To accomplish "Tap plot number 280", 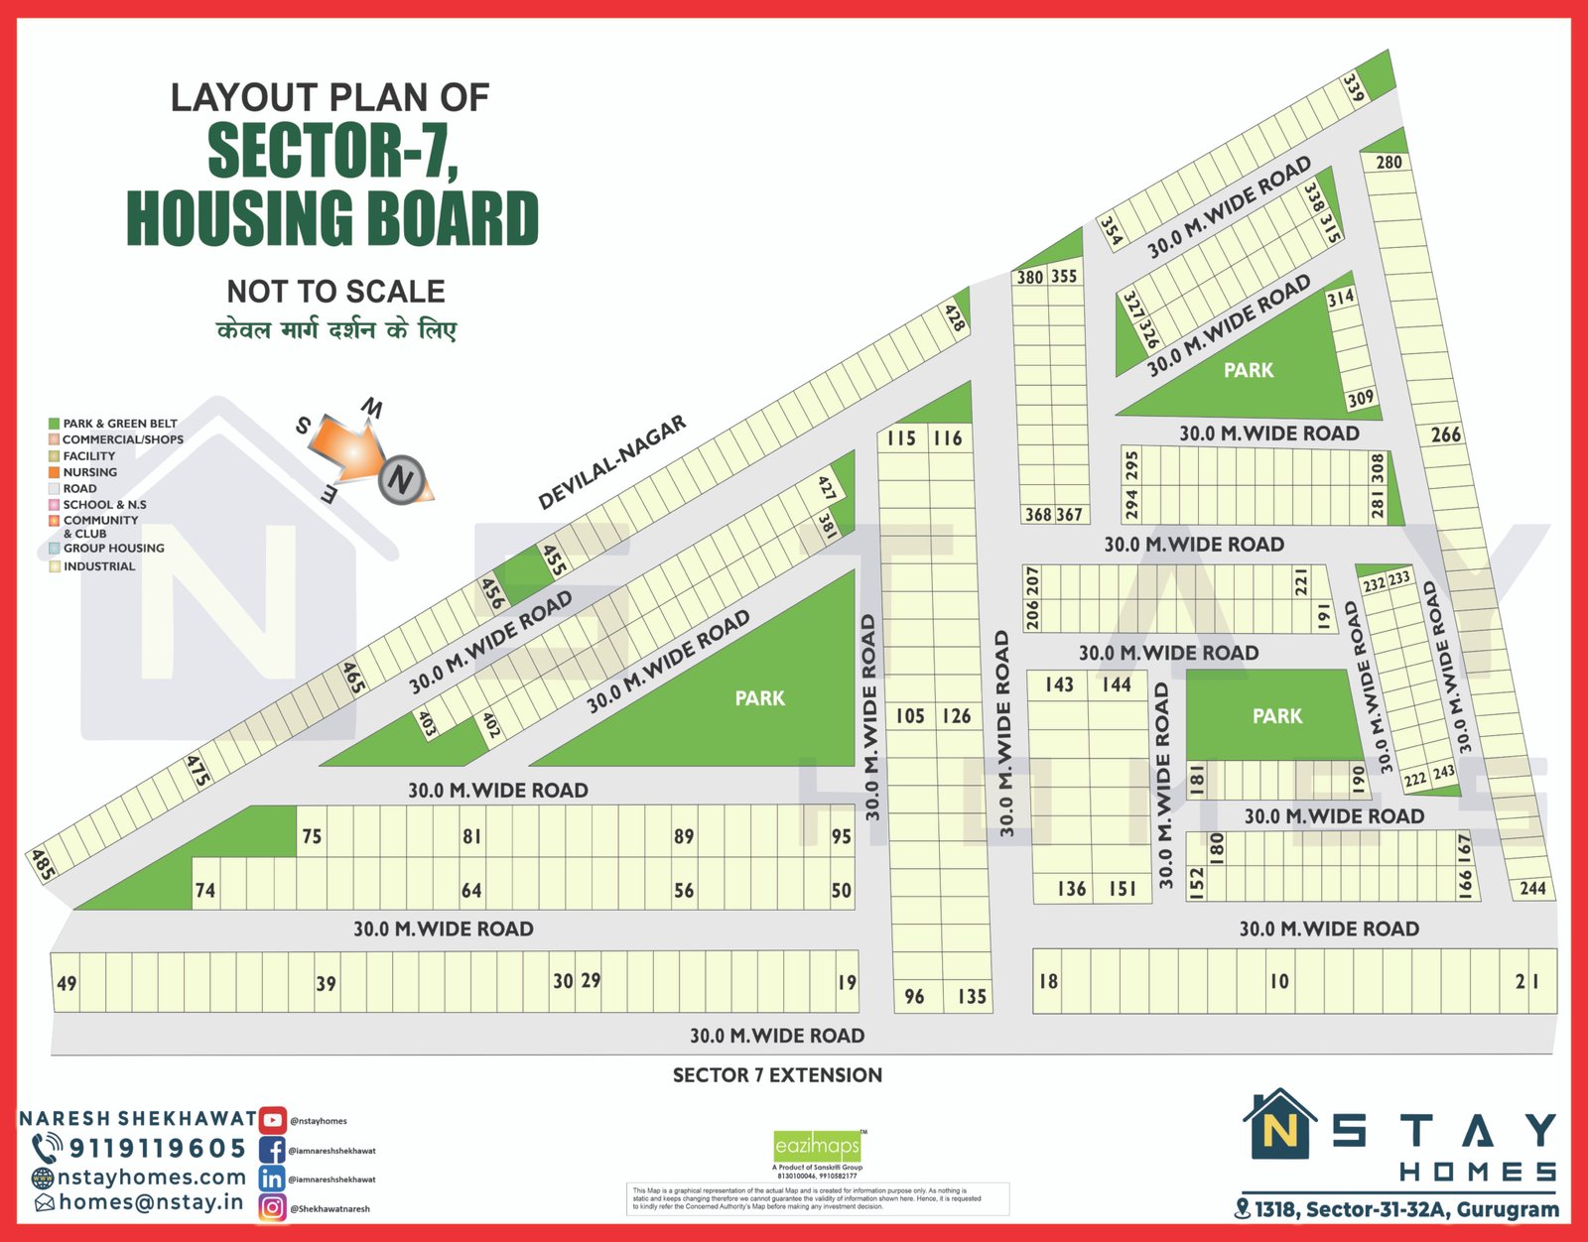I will pos(1389,162).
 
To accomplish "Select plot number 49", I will pos(66,983).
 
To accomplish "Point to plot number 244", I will pos(1532,888).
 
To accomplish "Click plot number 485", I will pos(42,864).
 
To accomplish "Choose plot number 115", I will pos(901,437).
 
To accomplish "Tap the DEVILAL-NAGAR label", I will pos(611,462).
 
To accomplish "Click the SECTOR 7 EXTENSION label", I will pos(777,1074).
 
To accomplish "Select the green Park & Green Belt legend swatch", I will pos(55,424).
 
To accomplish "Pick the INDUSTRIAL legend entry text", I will pos(99,566).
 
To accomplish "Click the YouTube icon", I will pos(273,1120).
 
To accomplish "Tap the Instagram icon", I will pos(273,1207).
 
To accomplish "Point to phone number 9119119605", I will pos(157,1148).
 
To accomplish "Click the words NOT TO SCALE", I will pos(335,291).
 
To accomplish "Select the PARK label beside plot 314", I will pos(1248,370).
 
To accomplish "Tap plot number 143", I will pos(1059,684).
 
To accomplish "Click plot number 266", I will pos(1445,435).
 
